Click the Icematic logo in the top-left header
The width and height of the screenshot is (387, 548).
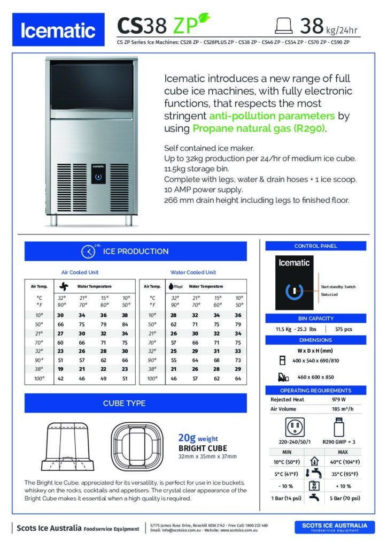(x=58, y=31)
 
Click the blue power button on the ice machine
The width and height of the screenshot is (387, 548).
(x=97, y=176)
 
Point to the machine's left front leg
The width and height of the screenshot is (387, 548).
(x=54, y=219)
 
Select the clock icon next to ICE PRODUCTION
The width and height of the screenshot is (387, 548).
(x=88, y=252)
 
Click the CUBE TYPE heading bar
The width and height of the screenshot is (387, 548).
(x=135, y=403)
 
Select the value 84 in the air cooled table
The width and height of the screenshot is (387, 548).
(x=125, y=324)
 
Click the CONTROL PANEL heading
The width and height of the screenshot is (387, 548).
(x=315, y=246)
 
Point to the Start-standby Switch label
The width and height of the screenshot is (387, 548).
(x=338, y=287)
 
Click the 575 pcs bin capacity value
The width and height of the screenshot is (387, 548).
(x=343, y=330)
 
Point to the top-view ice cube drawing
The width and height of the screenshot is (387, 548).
(x=137, y=444)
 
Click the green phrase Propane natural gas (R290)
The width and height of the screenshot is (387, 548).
(x=259, y=128)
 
